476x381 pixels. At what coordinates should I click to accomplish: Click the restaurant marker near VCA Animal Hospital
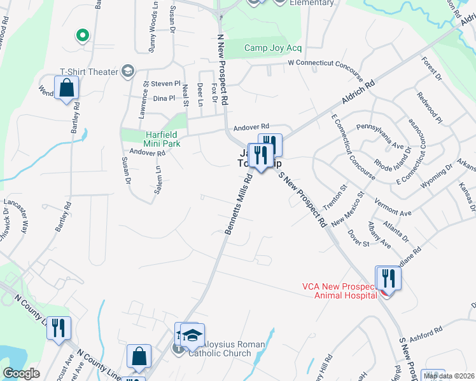point(388,279)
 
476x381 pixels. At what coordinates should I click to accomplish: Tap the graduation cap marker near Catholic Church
point(192,335)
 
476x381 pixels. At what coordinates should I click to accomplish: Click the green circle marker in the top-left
point(82,36)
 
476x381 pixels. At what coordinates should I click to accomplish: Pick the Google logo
point(21,373)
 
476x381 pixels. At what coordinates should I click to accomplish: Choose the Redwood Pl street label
point(430,106)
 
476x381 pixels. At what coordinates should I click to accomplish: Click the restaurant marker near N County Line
point(59,328)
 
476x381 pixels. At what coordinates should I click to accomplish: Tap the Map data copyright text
point(449,376)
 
